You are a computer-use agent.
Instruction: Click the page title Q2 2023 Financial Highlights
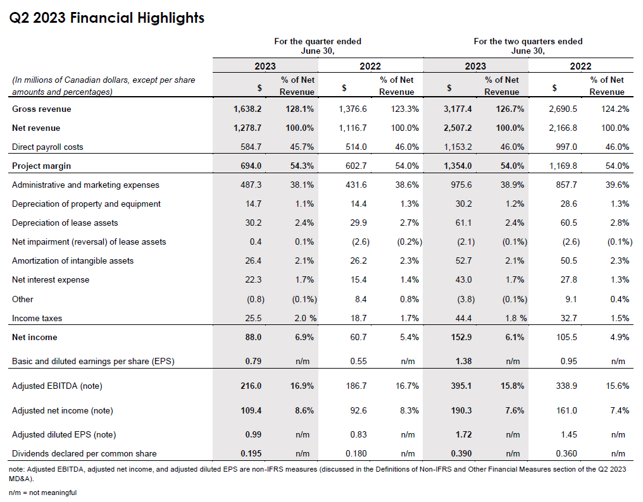coord(107,18)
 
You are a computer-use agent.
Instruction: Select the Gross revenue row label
coord(42,109)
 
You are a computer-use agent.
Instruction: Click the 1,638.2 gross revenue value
coord(247,109)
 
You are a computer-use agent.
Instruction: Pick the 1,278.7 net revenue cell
coord(247,128)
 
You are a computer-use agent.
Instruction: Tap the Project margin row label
coord(41,166)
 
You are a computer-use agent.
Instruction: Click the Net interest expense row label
coord(51,279)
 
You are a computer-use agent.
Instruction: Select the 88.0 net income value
coord(253,337)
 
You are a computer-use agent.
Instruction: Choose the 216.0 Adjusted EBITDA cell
coord(251,386)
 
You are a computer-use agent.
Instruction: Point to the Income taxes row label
coord(37,318)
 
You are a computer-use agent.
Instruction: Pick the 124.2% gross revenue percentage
coord(615,109)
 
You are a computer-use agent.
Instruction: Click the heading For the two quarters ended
coord(528,41)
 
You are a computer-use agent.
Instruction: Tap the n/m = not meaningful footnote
coord(42,493)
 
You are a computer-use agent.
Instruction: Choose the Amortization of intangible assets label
coord(73,260)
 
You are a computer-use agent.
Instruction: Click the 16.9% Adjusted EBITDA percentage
coord(301,386)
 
